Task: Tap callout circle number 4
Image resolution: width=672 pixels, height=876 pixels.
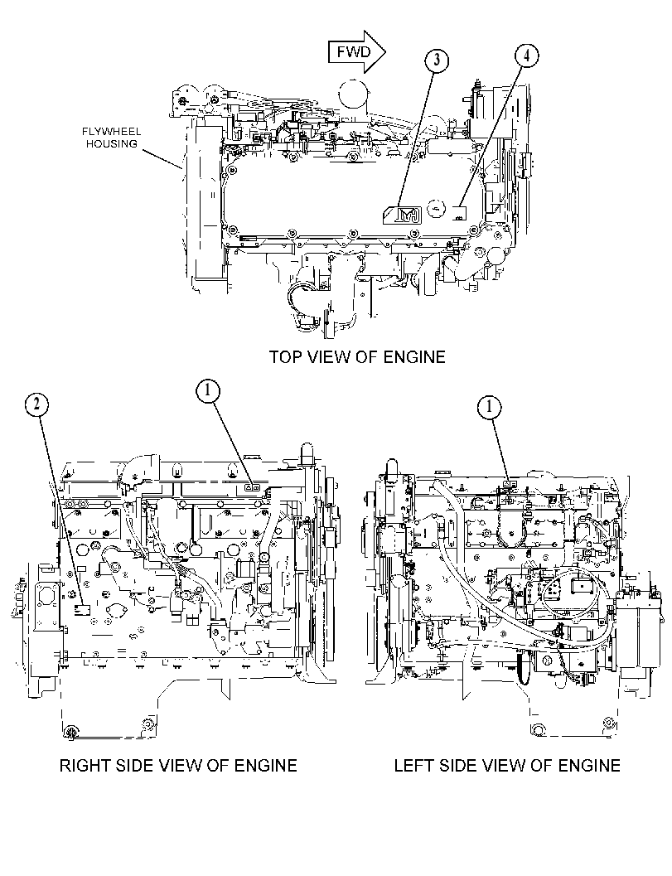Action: coord(527,56)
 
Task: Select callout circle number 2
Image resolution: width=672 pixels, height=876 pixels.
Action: coord(36,404)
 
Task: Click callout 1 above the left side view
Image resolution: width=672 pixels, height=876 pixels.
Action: coord(490,407)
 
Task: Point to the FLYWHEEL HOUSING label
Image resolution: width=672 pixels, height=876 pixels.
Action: coord(112,138)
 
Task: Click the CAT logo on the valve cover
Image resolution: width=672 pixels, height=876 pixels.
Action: coord(402,214)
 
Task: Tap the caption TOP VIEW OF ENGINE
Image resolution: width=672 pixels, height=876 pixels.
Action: coord(357,356)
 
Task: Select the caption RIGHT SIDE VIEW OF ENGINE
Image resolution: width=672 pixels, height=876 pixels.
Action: coord(178,765)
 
